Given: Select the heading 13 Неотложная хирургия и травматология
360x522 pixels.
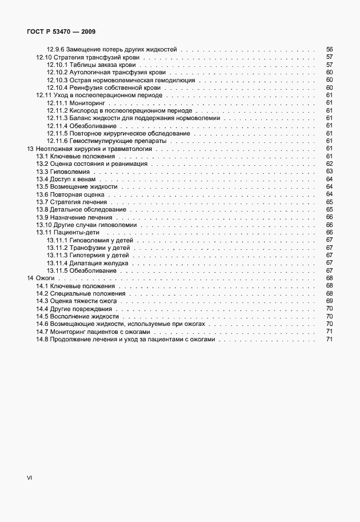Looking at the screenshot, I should [x=89, y=149].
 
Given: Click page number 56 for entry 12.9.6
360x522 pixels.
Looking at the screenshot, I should [x=329, y=50].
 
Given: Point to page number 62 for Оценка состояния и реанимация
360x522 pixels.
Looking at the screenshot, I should [x=329, y=164].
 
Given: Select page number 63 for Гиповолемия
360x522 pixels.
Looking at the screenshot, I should [x=329, y=172].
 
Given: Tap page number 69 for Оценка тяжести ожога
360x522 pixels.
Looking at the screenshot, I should [x=329, y=301].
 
